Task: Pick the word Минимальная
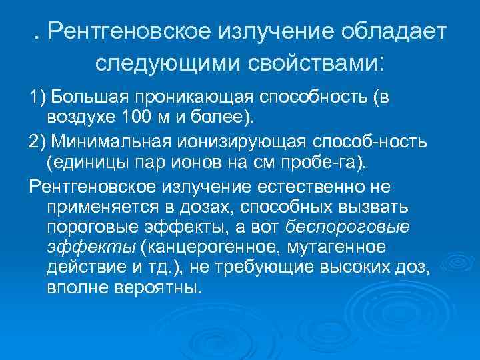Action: click(x=111, y=143)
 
